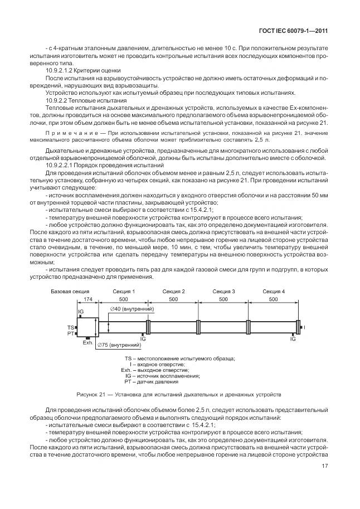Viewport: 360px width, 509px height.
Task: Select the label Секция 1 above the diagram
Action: [x=124, y=292]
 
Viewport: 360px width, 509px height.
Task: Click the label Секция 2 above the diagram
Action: [x=173, y=292]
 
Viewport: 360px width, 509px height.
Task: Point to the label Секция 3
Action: [x=223, y=292]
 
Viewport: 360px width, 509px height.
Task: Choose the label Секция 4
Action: [x=273, y=292]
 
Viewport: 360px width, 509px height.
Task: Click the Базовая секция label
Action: [x=70, y=292]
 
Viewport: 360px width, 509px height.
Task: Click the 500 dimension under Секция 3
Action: [x=223, y=299]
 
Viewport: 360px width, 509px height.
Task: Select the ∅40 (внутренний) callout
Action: [x=132, y=309]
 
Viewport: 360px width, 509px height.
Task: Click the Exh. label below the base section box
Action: [x=87, y=343]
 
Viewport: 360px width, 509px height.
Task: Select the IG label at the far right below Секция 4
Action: [x=293, y=338]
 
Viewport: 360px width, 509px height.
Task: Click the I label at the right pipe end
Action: [x=304, y=327]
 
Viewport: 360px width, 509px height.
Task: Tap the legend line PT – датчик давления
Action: [x=152, y=382]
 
